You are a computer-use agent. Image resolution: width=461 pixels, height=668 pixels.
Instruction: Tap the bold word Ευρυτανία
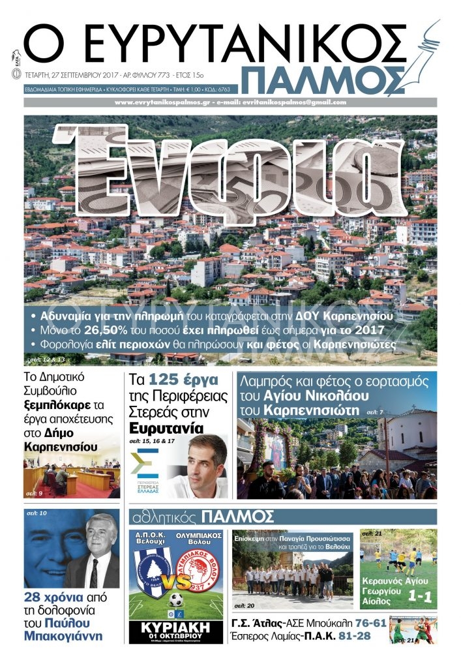(166, 428)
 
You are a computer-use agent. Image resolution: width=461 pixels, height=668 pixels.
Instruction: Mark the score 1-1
(421, 595)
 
